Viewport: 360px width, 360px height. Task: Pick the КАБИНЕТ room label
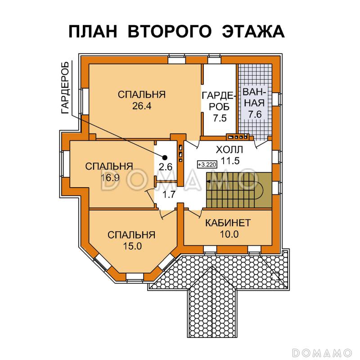[x=228, y=223]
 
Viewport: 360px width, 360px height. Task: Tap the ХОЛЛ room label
[x=229, y=149]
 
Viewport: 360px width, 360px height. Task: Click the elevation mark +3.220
[x=207, y=165]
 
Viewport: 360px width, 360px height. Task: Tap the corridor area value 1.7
[x=169, y=195]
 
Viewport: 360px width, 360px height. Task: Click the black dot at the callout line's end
[x=165, y=157]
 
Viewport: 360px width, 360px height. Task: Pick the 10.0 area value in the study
[x=228, y=234]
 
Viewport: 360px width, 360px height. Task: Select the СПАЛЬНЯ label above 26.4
[x=142, y=95]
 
